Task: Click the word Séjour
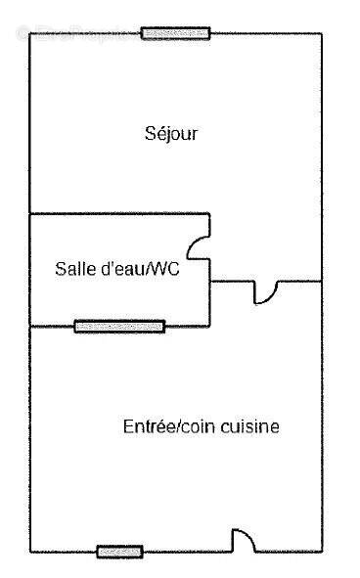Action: click(171, 133)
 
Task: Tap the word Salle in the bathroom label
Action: click(74, 270)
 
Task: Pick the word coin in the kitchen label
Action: click(202, 426)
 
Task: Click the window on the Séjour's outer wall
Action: click(175, 33)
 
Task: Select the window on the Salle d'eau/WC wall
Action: click(119, 326)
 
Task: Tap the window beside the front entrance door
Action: click(119, 551)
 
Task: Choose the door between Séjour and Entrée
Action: click(267, 289)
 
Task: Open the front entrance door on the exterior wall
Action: click(243, 540)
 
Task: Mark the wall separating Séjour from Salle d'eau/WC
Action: click(117, 213)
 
